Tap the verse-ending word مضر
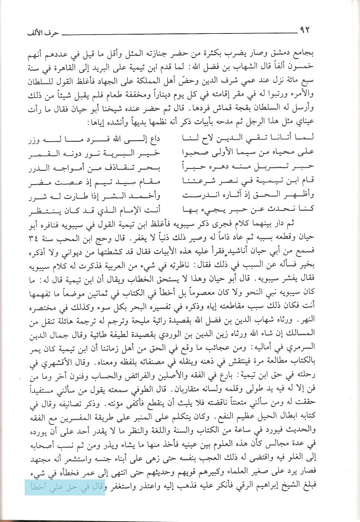(37, 183)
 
